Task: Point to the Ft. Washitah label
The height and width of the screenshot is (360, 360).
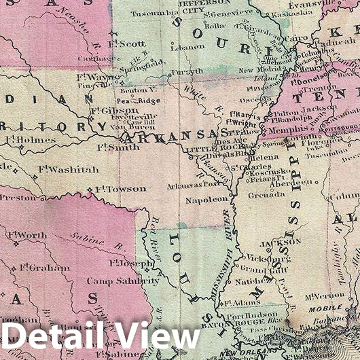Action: [x=68, y=169]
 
